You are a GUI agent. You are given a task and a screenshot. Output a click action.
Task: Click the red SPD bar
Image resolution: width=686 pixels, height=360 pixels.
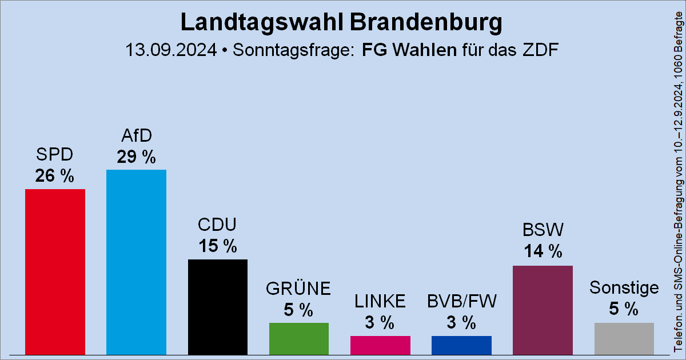pyautogui.click(x=55, y=272)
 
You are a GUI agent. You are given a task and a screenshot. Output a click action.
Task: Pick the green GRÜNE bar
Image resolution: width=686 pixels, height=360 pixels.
pyautogui.click(x=299, y=339)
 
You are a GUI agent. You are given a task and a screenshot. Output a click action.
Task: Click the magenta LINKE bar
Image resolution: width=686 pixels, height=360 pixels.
pyautogui.click(x=380, y=345)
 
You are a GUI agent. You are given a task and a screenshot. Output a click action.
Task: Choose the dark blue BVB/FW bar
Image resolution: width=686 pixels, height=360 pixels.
pyautogui.click(x=461, y=345)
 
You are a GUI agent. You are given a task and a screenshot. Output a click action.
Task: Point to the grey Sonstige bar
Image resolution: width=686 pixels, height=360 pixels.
pyautogui.click(x=624, y=339)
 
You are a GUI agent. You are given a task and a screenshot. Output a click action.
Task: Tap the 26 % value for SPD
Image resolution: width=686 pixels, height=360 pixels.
pyautogui.click(x=55, y=176)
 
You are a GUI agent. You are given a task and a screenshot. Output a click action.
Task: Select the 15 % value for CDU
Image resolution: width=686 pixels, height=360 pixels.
pyautogui.click(x=218, y=246)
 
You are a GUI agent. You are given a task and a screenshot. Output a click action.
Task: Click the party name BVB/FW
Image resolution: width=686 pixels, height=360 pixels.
pyautogui.click(x=461, y=301)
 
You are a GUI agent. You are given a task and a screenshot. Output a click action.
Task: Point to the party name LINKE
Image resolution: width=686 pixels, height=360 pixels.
pyautogui.click(x=380, y=301)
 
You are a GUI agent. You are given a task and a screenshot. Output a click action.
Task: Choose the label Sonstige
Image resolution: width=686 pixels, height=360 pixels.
pyautogui.click(x=624, y=287)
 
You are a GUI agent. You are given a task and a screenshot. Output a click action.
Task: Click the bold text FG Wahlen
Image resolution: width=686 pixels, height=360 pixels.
pyautogui.click(x=409, y=50)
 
